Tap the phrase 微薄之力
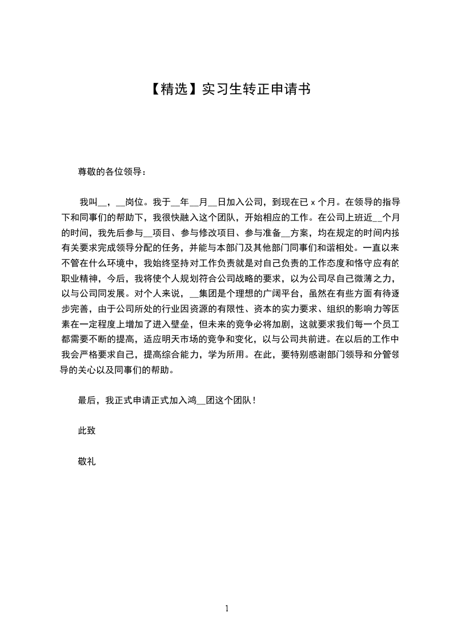click(370, 279)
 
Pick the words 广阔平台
click(279, 294)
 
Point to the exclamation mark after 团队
click(254, 400)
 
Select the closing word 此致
click(87, 431)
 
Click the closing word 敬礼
click(87, 461)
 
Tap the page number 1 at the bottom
click(227, 609)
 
